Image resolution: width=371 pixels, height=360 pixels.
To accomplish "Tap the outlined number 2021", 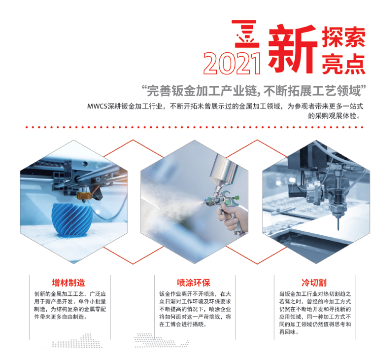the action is (232, 64).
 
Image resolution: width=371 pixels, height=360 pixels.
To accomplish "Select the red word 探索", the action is (343, 36).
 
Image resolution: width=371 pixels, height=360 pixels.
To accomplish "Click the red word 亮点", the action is (343, 64).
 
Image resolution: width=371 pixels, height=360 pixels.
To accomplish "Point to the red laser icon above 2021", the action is (246, 34).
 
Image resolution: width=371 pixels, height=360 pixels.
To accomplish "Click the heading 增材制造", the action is (68, 283).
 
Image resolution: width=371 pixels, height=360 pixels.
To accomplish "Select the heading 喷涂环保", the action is (194, 283).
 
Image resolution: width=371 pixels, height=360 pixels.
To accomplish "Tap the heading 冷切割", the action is (314, 283).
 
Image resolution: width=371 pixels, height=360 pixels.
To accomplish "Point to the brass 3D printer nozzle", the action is (84, 196).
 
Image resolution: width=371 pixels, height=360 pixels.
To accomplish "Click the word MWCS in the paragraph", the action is (97, 106).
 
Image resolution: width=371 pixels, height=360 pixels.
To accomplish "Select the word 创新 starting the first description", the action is (39, 294).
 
